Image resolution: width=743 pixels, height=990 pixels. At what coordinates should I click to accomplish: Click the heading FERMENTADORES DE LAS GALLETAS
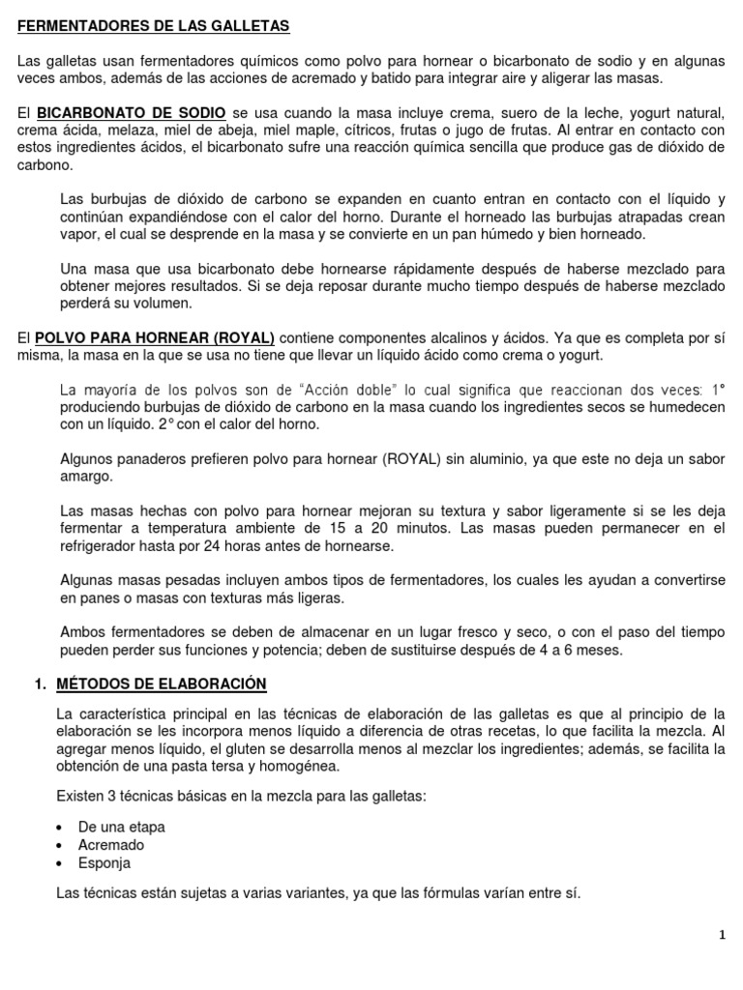[153, 25]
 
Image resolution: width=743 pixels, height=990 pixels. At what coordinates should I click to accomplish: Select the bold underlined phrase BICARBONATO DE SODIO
[132, 112]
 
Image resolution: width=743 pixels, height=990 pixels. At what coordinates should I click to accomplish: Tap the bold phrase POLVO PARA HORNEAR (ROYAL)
[155, 337]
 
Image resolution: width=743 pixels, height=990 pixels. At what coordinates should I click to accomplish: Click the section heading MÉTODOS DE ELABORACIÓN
[162, 684]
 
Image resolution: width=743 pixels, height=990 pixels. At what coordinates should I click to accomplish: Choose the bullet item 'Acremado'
[111, 845]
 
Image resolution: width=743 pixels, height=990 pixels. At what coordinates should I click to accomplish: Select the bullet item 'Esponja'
[104, 863]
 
